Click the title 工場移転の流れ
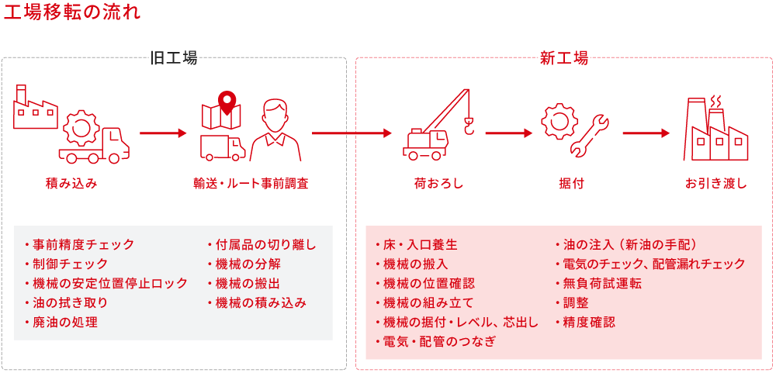point(71,13)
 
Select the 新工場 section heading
point(563,58)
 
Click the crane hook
point(468,125)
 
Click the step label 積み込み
point(71,184)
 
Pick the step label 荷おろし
point(438,184)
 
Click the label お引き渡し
point(715,184)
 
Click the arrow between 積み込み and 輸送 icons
point(163,133)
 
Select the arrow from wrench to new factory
point(646,133)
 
